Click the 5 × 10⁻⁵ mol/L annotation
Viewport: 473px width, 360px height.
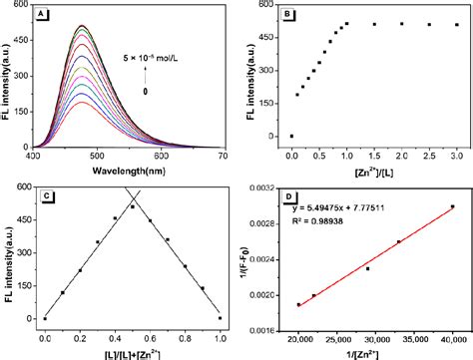point(151,57)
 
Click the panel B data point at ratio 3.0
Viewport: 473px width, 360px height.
point(457,25)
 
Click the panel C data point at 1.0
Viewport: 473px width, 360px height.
point(220,318)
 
